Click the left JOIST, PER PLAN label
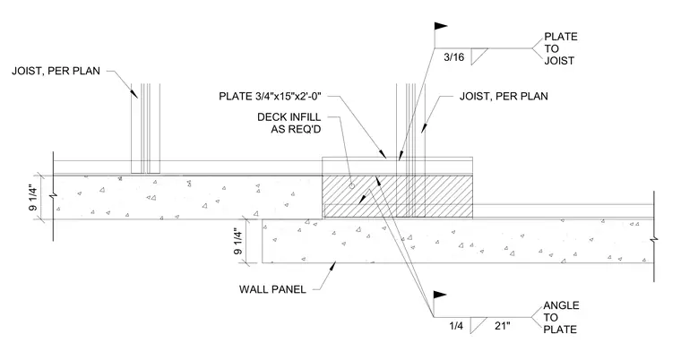[56, 72]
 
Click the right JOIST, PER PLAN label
[504, 96]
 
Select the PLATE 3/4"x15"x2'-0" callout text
[270, 96]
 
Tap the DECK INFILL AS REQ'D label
[289, 123]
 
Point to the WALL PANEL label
[272, 289]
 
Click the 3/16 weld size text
[454, 57]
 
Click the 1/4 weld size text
[456, 326]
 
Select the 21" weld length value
[503, 326]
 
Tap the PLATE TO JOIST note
[561, 48]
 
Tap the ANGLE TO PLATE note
[561, 317]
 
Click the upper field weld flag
[440, 27]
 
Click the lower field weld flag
[440, 296]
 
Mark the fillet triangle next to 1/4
[476, 325]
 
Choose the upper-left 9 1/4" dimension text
[33, 198]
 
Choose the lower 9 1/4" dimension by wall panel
[239, 242]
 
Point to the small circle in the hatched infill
[352, 186]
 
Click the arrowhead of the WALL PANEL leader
[333, 265]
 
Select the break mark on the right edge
[653, 239]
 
